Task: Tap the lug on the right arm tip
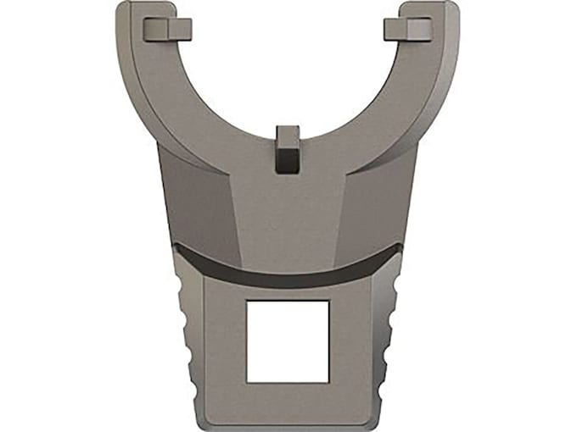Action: pos(408,30)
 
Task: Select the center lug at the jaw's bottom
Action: pos(288,148)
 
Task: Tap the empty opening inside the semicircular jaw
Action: pos(288,68)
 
